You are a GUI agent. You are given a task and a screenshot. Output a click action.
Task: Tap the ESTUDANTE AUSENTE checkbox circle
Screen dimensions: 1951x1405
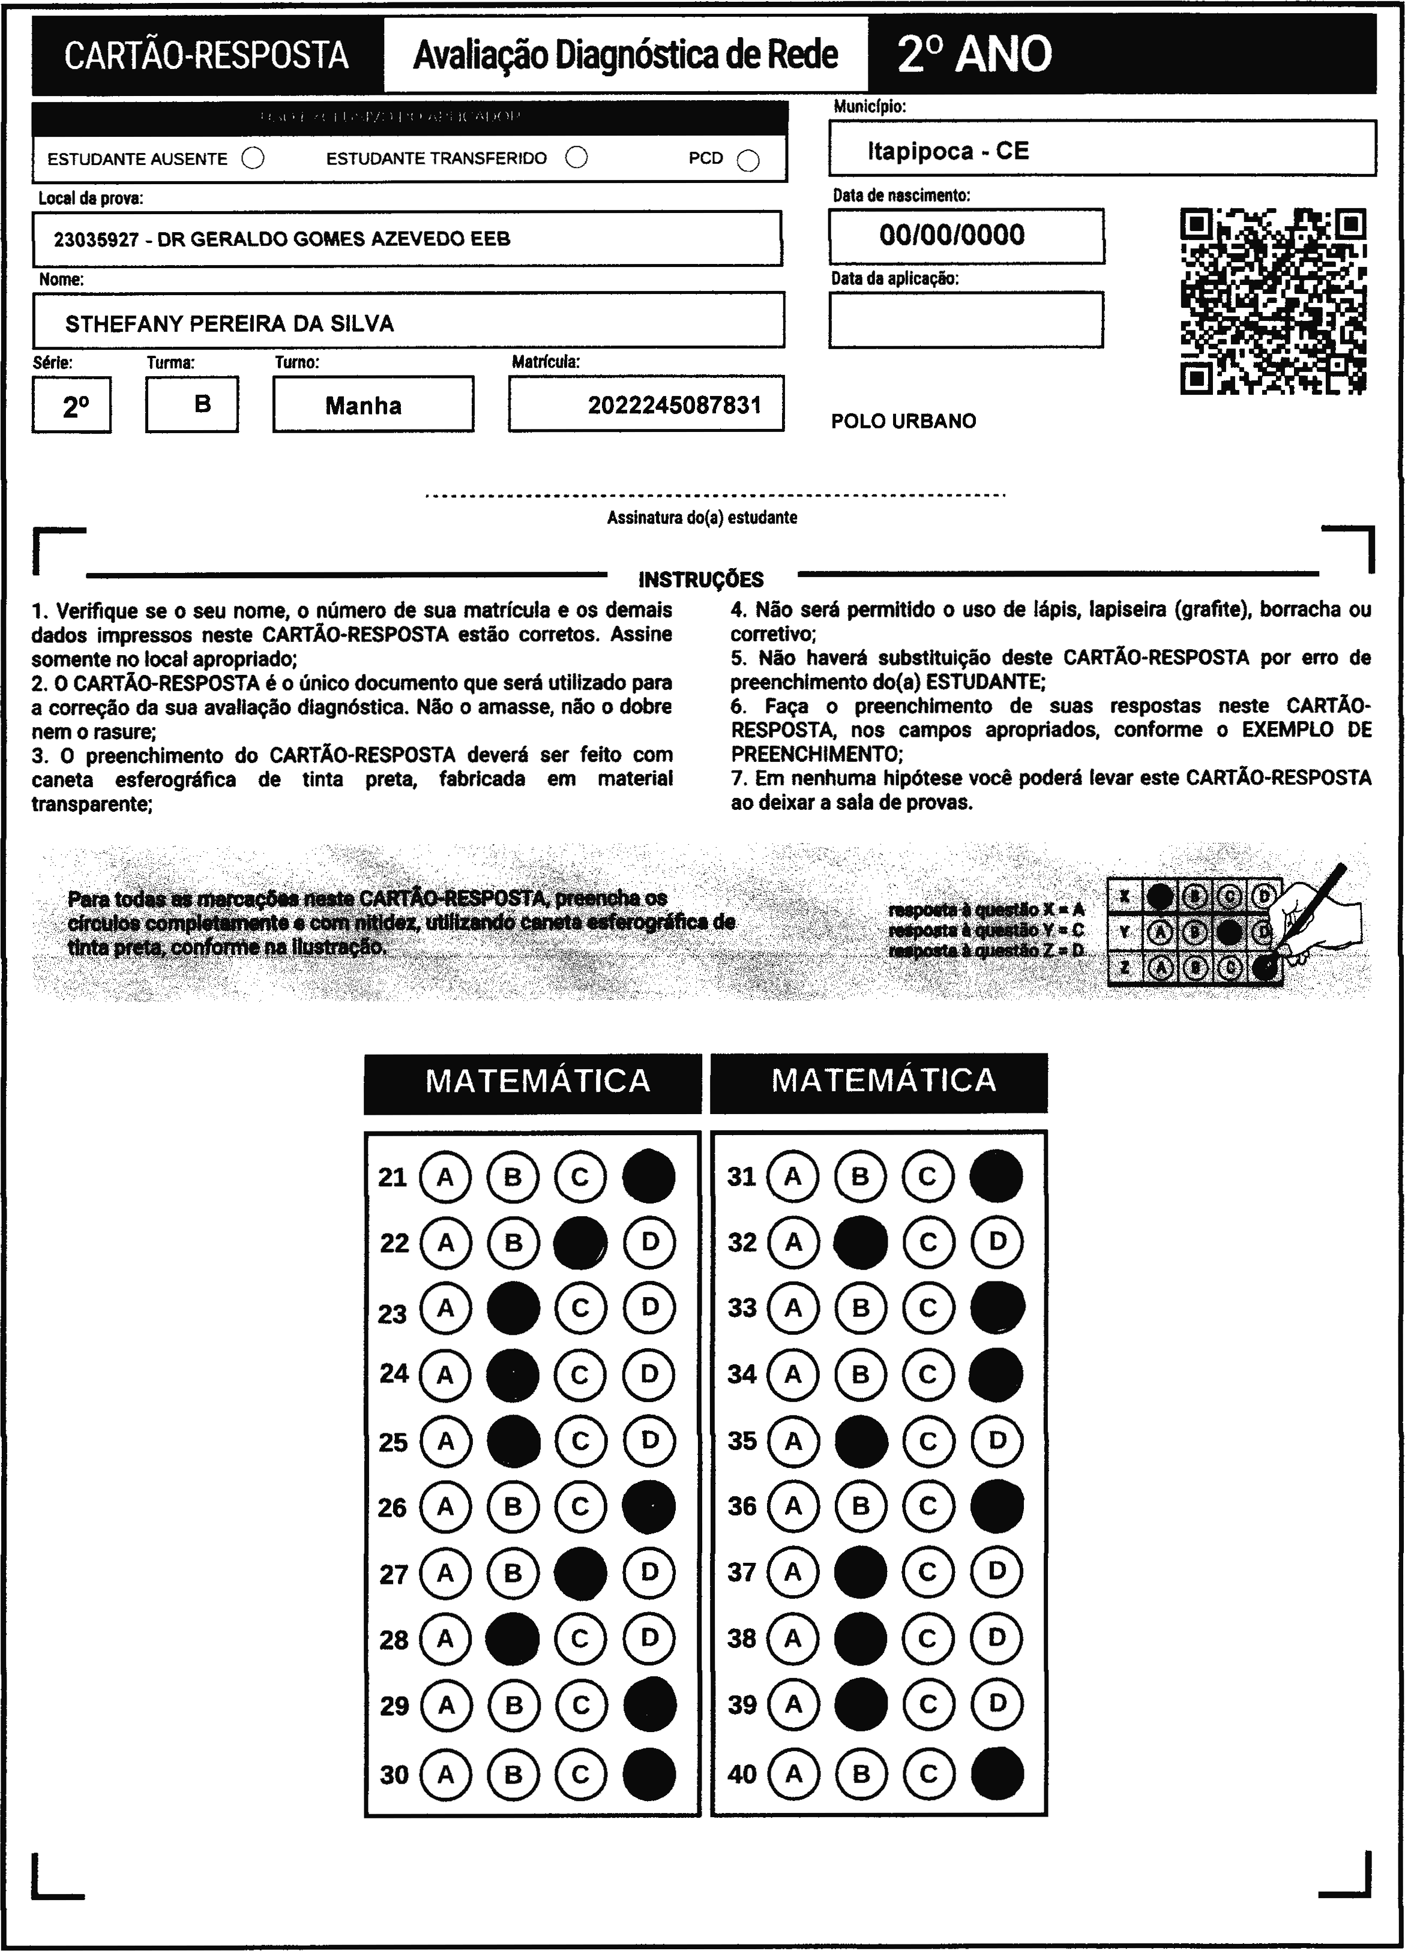(x=253, y=158)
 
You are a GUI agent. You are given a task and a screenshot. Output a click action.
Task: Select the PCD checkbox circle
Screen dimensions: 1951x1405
(x=748, y=161)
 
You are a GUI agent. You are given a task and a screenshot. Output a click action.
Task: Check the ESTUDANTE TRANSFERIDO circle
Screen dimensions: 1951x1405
(x=576, y=157)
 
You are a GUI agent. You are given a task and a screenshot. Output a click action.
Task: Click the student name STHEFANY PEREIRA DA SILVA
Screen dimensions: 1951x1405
(x=230, y=323)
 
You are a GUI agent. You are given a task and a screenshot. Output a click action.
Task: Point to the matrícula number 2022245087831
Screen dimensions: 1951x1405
(x=675, y=405)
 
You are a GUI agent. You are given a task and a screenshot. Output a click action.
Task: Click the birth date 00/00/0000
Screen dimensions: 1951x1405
(x=952, y=235)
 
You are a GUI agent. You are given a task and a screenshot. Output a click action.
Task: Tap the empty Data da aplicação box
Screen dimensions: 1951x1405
(x=965, y=320)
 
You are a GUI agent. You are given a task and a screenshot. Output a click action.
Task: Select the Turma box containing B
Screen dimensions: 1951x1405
(x=192, y=404)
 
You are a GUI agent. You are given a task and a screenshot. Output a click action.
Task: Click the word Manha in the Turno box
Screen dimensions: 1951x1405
(x=363, y=406)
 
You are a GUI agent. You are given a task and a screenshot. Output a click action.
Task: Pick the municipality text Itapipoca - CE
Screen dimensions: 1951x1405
(x=947, y=151)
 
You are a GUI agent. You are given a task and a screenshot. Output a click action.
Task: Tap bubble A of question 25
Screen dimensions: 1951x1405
(x=446, y=1441)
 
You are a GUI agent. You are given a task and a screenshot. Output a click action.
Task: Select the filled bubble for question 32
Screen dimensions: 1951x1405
(x=861, y=1242)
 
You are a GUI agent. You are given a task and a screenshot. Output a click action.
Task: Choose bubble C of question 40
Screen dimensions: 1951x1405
(x=927, y=1774)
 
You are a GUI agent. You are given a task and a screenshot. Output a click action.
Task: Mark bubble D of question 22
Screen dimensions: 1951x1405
(x=649, y=1242)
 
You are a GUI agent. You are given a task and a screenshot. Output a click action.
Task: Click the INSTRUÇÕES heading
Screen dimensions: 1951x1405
(x=701, y=580)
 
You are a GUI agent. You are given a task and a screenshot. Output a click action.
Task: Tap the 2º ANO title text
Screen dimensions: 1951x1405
(x=974, y=54)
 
